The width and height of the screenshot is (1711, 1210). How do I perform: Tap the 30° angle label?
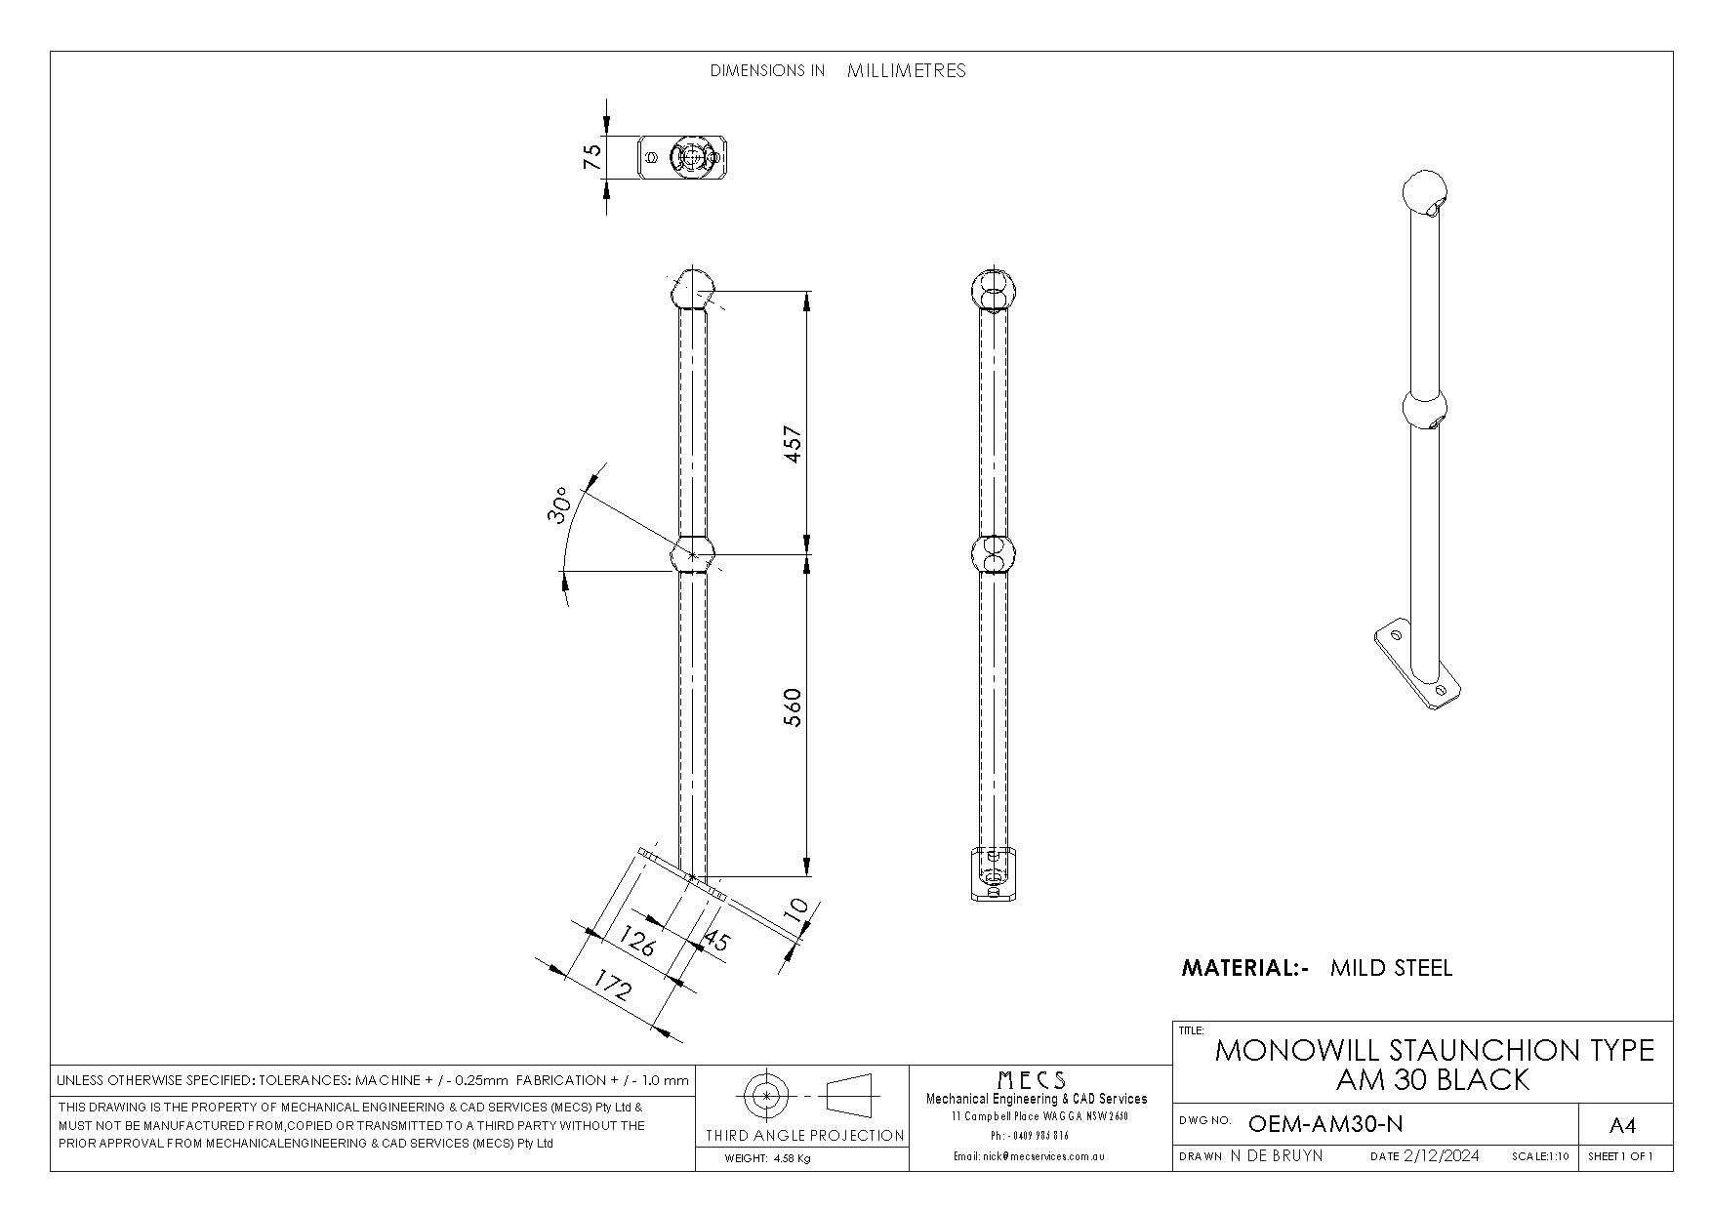[560, 505]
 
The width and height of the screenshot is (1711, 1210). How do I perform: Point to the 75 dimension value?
[592, 157]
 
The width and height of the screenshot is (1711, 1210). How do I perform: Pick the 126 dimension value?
[637, 941]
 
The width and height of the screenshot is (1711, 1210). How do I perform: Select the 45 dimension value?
[716, 940]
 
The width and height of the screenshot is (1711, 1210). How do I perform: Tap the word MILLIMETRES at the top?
[907, 70]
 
